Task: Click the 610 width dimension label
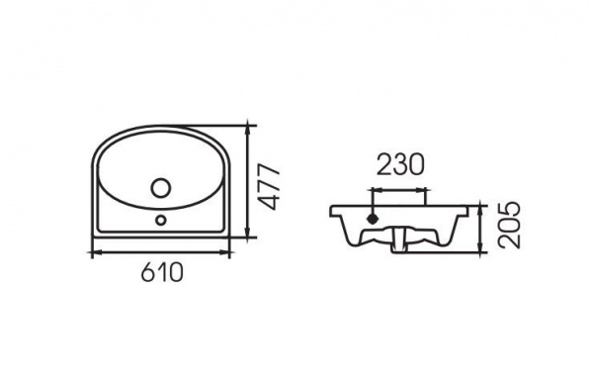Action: (x=162, y=272)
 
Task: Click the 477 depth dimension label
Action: (x=271, y=186)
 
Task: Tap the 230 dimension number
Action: (x=400, y=165)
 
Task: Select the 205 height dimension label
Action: (x=509, y=225)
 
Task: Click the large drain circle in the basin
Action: (x=161, y=188)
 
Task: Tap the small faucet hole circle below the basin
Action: (x=161, y=220)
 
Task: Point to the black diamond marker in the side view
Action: (x=374, y=219)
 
